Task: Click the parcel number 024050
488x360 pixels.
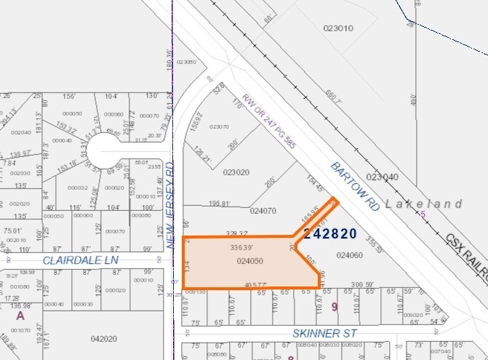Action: tap(249, 261)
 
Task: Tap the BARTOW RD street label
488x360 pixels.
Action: tap(355, 187)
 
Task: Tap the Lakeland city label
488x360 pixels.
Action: tap(423, 204)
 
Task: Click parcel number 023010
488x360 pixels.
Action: tap(337, 28)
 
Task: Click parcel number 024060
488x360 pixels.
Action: tap(350, 255)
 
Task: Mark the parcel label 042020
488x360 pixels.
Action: tap(105, 338)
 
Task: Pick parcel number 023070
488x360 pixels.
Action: tap(219, 127)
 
